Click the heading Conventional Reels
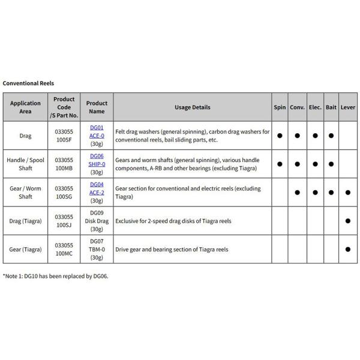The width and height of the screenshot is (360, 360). click(x=28, y=83)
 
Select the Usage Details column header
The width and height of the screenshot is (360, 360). click(x=192, y=107)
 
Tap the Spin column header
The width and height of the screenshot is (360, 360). click(x=280, y=107)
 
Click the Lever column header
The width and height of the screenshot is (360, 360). click(x=347, y=107)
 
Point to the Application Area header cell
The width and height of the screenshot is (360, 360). click(x=25, y=107)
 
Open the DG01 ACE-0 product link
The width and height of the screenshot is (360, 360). click(x=97, y=131)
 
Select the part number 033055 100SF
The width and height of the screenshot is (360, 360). click(x=64, y=136)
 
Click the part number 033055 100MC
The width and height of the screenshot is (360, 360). click(x=64, y=249)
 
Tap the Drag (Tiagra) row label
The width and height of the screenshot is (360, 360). click(x=25, y=221)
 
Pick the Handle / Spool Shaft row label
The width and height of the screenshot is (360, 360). click(x=25, y=164)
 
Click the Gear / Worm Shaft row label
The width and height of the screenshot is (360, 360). click(x=25, y=192)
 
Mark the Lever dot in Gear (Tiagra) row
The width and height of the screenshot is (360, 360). click(x=348, y=249)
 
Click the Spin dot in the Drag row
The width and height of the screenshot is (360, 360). click(x=280, y=136)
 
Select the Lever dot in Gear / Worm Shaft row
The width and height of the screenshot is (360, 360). click(x=348, y=193)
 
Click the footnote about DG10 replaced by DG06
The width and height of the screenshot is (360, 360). click(x=56, y=276)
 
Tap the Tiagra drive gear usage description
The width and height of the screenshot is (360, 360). click(x=172, y=249)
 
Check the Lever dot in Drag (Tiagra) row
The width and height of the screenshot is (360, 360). click(x=348, y=221)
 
